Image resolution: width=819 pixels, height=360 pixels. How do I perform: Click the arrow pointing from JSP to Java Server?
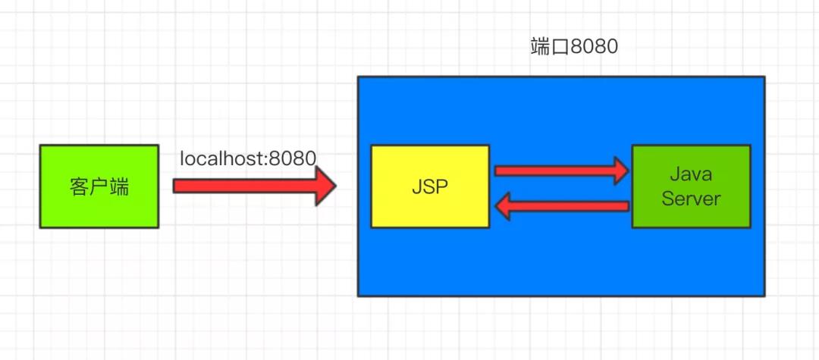[561, 171]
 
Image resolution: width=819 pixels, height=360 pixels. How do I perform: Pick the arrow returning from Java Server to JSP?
[561, 205]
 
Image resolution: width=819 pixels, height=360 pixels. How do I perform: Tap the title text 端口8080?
[574, 47]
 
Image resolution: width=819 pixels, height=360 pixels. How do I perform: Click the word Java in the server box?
[691, 174]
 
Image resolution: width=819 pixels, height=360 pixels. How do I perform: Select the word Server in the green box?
[691, 199]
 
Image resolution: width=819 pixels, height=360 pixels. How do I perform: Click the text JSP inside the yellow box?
[430, 186]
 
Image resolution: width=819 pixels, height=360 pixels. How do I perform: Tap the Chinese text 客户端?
[99, 186]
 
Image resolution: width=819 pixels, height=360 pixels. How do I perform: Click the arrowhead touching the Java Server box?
[620, 171]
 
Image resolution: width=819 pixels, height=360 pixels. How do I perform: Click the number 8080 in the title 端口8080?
[595, 47]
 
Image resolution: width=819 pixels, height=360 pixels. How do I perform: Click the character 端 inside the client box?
[119, 186]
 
